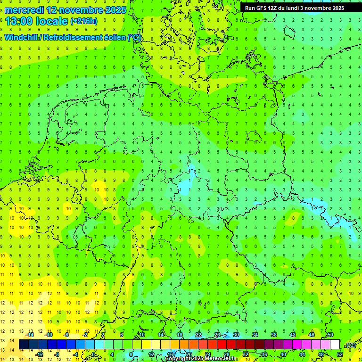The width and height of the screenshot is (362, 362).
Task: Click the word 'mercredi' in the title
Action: (24, 10)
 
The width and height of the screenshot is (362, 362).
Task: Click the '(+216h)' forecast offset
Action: (84, 21)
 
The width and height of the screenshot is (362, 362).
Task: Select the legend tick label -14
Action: (31, 335)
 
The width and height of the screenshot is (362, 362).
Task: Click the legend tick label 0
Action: (94, 354)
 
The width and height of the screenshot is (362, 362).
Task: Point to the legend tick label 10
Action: (141, 335)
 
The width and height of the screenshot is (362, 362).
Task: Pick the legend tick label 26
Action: (217, 335)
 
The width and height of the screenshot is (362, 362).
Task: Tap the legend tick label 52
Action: (339, 354)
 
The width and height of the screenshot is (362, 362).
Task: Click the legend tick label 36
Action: (264, 354)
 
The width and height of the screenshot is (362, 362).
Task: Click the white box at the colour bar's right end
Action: (335, 345)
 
